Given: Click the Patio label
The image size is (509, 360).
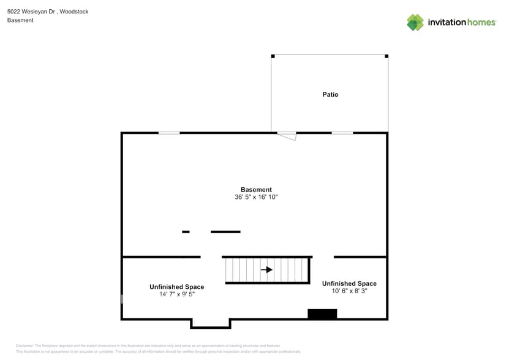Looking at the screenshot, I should [330, 94].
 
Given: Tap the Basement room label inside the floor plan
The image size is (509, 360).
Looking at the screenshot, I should [256, 190].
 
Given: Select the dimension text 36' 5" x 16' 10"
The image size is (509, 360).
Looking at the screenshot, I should [256, 198].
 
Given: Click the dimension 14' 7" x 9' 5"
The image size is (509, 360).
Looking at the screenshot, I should [176, 294].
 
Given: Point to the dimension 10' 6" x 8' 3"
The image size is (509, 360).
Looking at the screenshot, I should [349, 291].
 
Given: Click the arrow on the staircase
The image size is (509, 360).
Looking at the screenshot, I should [266, 269].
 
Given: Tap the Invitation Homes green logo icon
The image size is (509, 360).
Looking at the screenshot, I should [415, 23].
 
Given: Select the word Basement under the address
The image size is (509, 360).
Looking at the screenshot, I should [20, 20].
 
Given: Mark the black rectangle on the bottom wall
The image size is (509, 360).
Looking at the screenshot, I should [322, 314].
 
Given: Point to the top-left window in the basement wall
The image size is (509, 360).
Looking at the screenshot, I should [169, 133].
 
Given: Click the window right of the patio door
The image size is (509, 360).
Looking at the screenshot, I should [342, 133].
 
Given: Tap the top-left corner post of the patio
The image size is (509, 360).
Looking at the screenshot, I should [273, 56].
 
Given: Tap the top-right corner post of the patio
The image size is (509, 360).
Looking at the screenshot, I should [386, 56].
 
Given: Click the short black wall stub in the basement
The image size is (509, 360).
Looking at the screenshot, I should [186, 231].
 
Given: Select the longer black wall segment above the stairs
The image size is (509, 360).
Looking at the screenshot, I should [225, 231].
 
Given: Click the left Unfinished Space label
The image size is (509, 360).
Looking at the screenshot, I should [176, 287].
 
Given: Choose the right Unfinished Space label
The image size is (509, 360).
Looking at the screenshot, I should [349, 283].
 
